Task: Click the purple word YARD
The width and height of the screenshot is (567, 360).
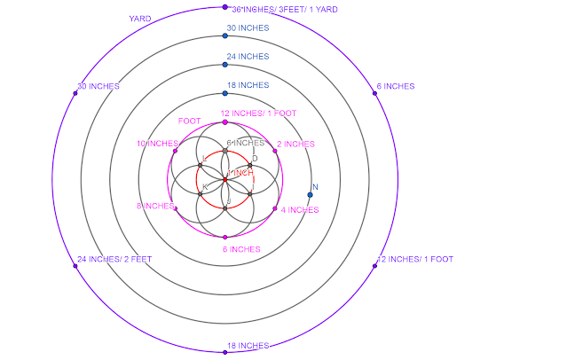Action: [x=139, y=18]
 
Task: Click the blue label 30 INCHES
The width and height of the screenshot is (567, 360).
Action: [x=248, y=28]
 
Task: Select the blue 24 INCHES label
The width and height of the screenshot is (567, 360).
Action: [x=248, y=57]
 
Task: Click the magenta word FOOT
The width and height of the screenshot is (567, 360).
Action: [x=189, y=121]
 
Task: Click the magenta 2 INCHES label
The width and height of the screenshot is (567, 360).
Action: [x=296, y=144]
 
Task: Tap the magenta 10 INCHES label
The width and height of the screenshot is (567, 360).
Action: [x=157, y=144]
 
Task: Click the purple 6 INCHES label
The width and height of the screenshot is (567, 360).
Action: [x=395, y=86]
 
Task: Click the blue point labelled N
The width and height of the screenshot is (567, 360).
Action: [x=311, y=194]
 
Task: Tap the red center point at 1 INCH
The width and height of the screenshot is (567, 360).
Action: [x=225, y=180]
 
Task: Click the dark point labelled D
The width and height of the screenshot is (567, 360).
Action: [x=250, y=165]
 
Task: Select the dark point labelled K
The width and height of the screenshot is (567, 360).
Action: [x=201, y=193]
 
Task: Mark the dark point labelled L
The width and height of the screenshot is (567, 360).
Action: [x=201, y=165]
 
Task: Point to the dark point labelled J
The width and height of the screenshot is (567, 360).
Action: [x=225, y=207]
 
